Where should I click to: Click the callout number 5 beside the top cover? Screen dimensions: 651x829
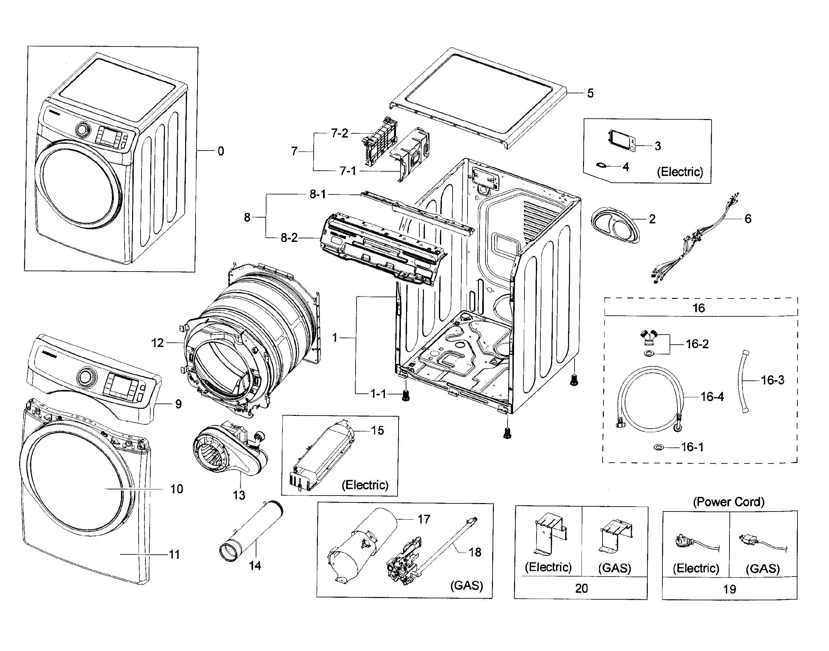tap(590, 93)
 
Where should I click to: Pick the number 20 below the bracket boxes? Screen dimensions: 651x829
tap(581, 589)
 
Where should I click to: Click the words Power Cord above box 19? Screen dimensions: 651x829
tap(728, 502)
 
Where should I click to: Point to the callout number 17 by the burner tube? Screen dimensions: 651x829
tap(424, 519)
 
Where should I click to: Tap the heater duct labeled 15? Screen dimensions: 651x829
tap(324, 456)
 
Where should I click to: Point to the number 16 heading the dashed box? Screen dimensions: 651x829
tap(698, 308)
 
